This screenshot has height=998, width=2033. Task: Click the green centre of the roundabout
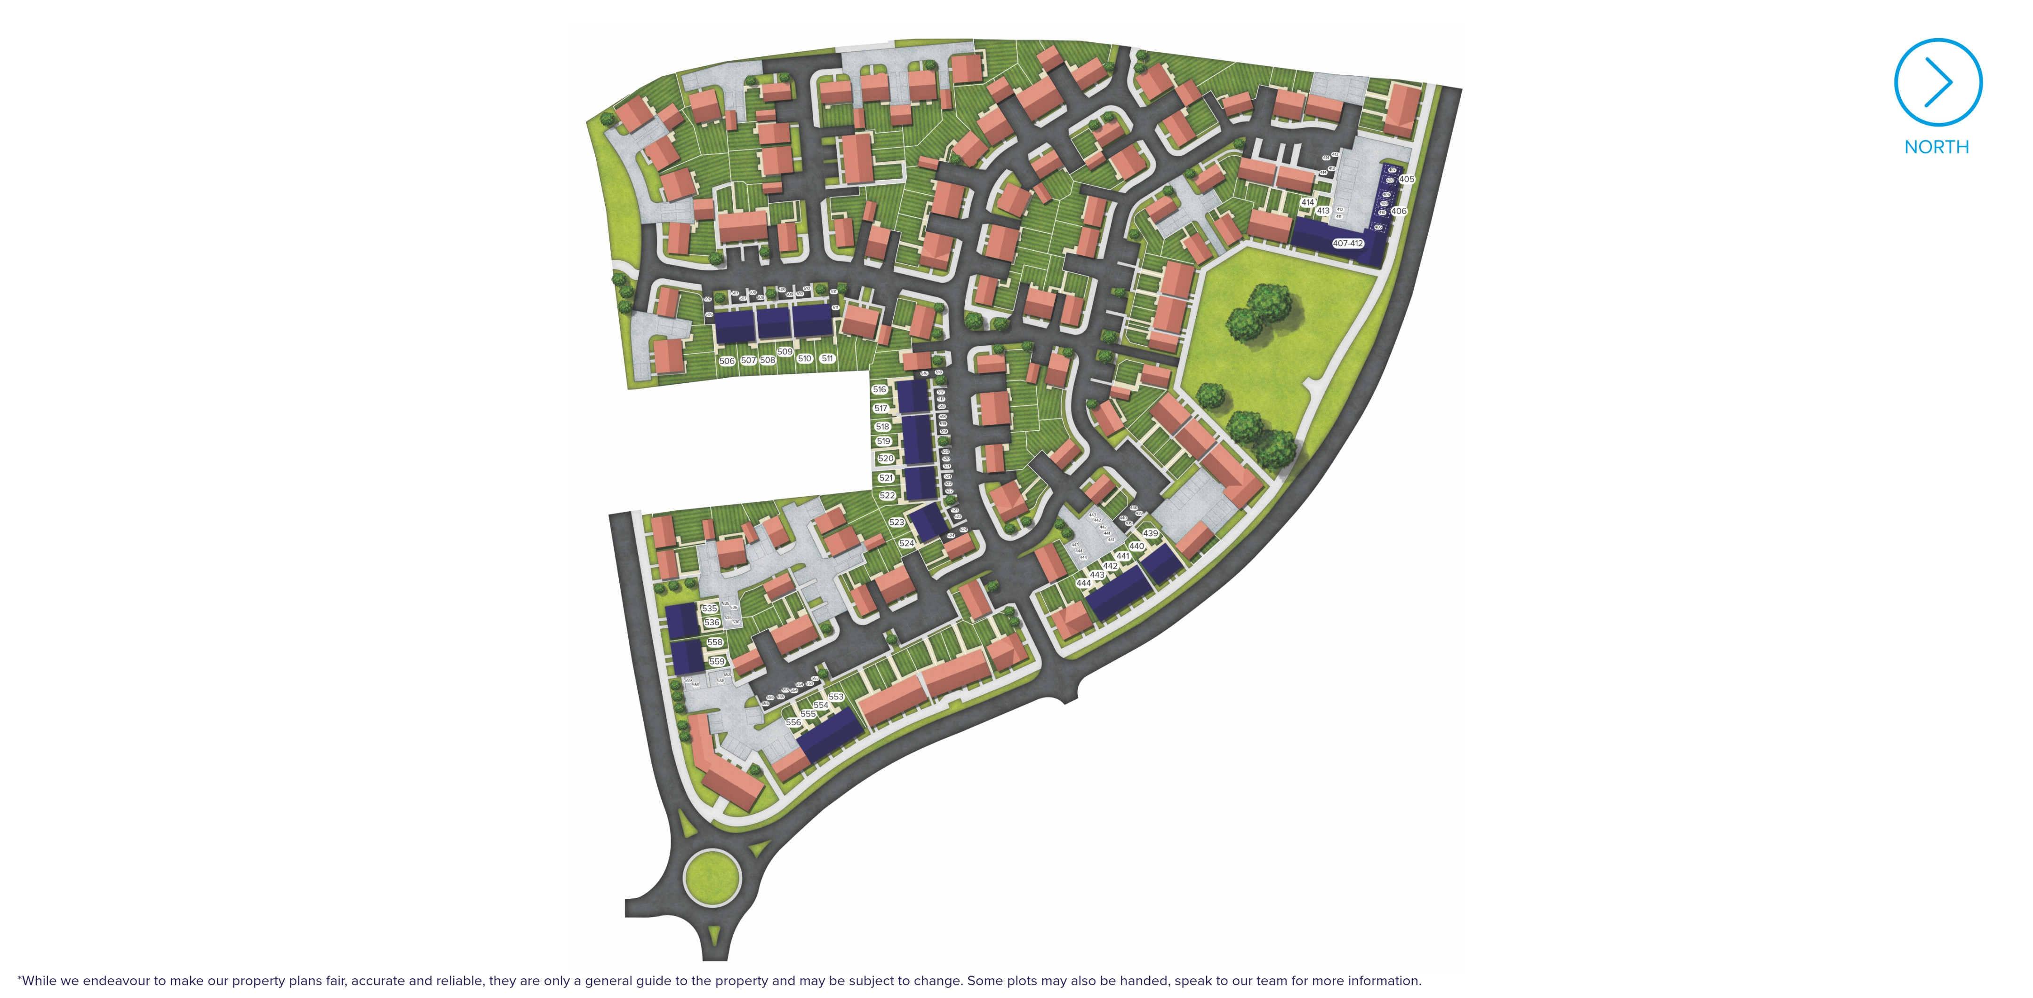coord(712,876)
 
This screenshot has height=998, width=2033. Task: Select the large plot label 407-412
coord(1347,243)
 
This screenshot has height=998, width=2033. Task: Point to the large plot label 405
coord(1406,179)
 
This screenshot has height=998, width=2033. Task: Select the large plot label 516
coord(879,389)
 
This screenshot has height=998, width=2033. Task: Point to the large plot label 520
coord(886,459)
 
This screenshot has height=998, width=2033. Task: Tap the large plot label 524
coord(906,544)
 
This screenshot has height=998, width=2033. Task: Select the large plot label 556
coord(793,722)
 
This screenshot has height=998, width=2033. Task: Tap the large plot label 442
coord(1110,566)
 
